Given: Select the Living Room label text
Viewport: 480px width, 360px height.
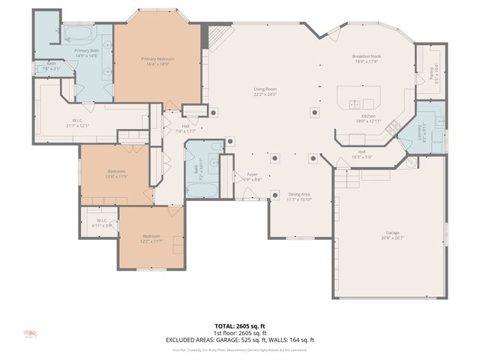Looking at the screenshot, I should (265, 91).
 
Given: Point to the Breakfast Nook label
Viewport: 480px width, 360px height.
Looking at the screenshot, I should (367, 59).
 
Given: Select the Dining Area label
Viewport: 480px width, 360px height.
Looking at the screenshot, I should (300, 196).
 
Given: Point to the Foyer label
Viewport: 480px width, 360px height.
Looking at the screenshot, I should (253, 176).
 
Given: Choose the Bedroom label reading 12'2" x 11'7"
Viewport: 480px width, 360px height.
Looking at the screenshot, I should (151, 238).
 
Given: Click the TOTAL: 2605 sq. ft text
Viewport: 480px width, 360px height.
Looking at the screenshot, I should (240, 326).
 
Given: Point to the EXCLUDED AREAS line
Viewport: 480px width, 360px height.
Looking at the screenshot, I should (240, 340).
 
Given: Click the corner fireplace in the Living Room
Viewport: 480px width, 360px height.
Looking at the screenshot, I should (217, 36).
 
